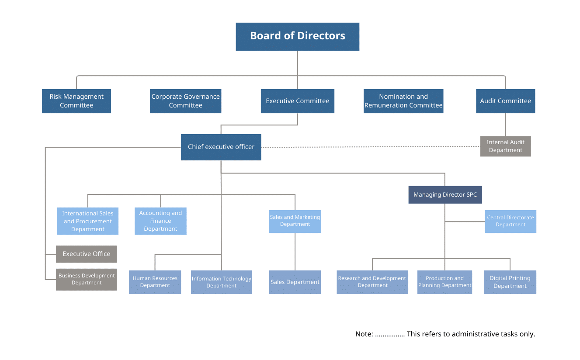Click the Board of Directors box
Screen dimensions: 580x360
click(298, 37)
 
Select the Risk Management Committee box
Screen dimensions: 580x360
click(76, 101)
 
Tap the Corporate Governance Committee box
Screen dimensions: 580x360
click(185, 101)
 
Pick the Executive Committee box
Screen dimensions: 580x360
click(298, 101)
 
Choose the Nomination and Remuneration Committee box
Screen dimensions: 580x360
click(403, 101)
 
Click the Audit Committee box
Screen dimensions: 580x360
click(505, 101)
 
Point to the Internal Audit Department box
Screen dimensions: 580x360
click(505, 146)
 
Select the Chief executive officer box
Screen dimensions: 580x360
click(221, 147)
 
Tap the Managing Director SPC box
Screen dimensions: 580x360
click(445, 194)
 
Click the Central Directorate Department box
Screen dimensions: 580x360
click(511, 221)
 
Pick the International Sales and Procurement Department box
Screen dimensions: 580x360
click(88, 221)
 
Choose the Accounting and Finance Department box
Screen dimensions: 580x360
click(160, 221)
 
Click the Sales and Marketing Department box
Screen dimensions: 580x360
click(295, 221)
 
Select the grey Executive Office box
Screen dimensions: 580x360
click(87, 254)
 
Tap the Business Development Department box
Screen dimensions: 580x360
click(87, 279)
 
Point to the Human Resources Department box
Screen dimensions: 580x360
click(155, 282)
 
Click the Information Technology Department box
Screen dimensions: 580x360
click(222, 282)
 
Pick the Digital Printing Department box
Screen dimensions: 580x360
click(510, 282)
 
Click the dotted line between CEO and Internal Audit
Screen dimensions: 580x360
click(371, 147)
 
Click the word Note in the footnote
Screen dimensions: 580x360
click(363, 334)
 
